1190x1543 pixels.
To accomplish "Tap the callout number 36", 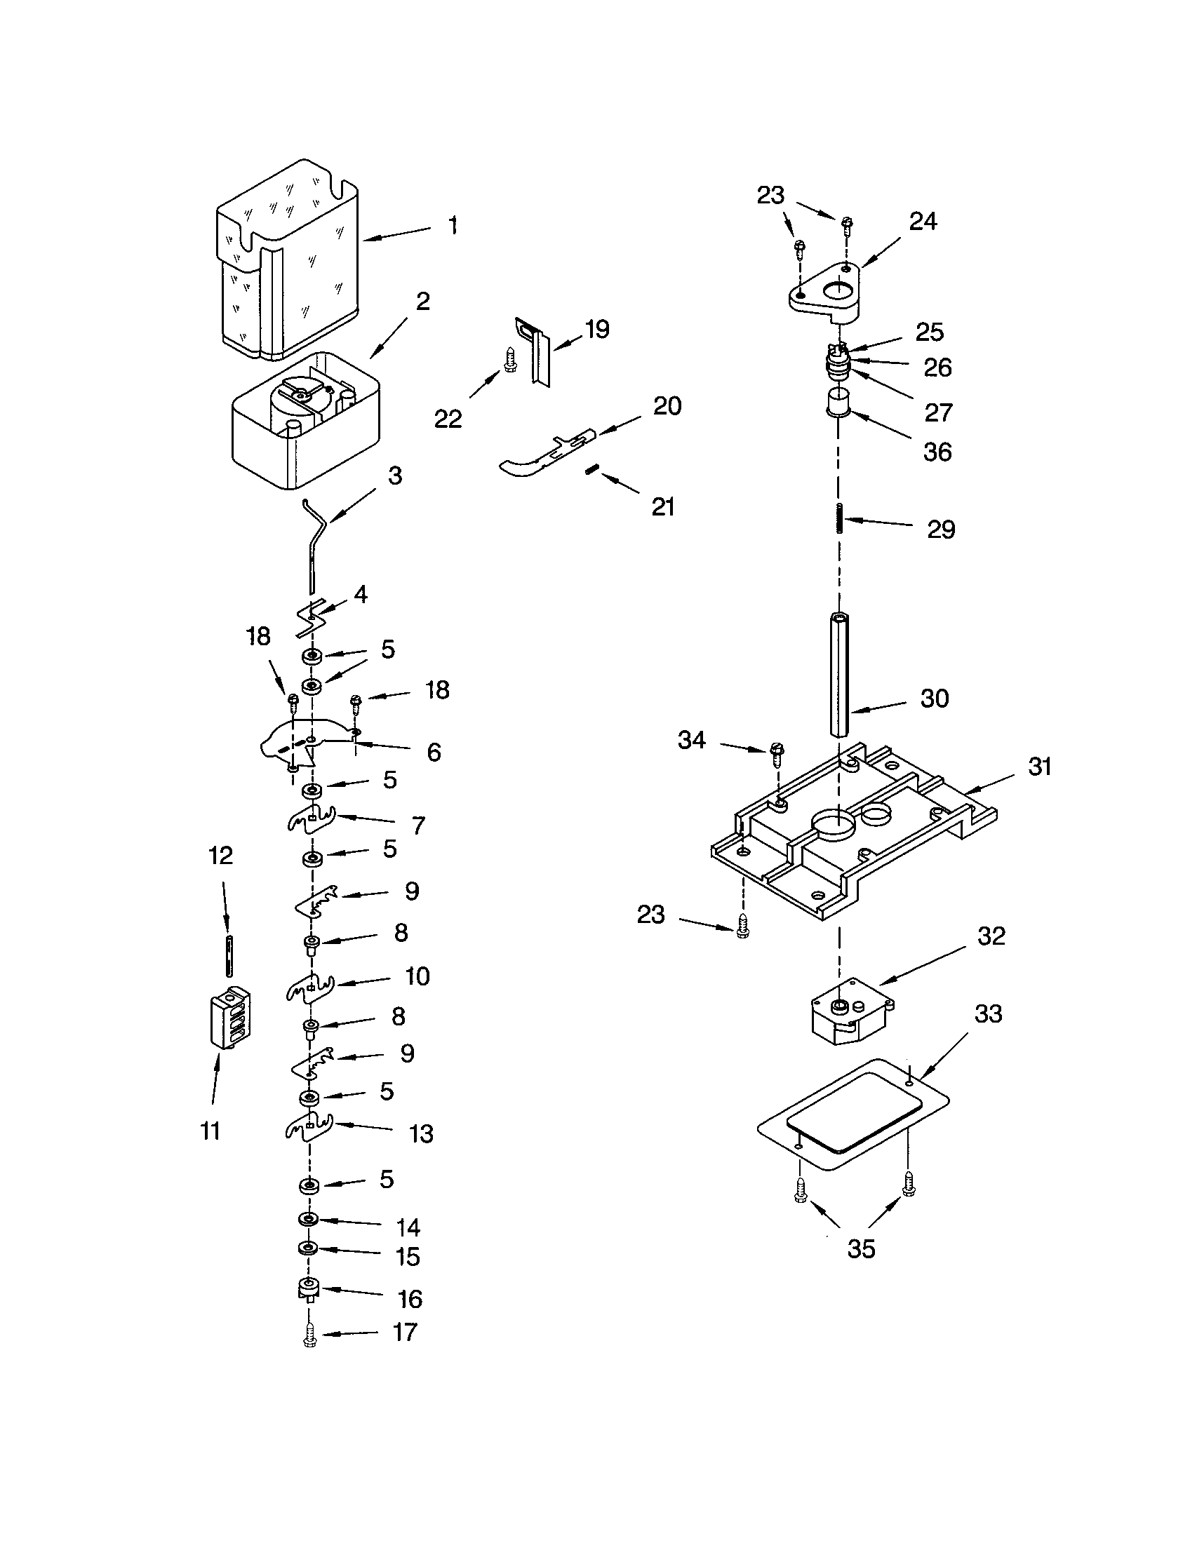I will pos(937,452).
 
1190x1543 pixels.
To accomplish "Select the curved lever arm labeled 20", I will pos(548,454).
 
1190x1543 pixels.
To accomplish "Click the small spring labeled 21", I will pos(592,470).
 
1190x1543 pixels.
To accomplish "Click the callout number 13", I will pos(421,1134).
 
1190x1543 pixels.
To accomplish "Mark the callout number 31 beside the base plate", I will pos(1039,767).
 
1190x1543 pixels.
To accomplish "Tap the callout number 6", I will pos(434,752).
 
